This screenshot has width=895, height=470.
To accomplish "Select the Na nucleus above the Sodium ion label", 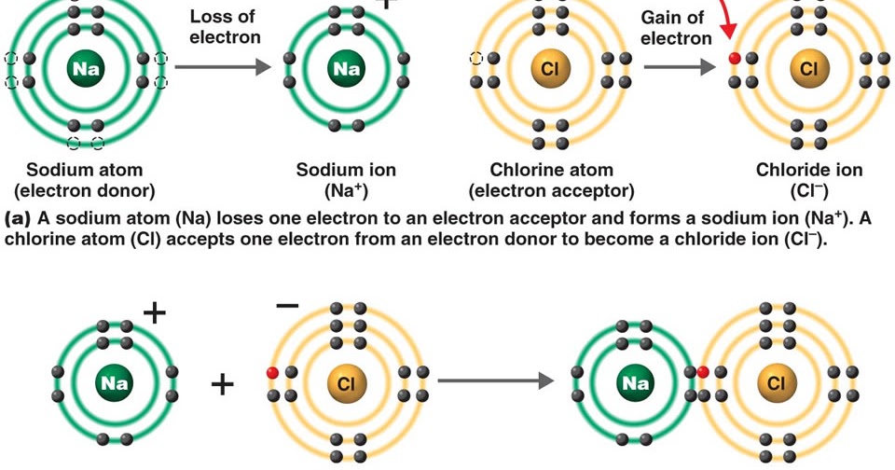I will point(346,68).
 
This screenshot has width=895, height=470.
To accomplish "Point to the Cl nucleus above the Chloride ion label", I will point(807,68).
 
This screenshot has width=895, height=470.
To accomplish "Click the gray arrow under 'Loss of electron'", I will point(223,67).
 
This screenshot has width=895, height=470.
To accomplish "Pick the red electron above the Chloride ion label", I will point(735,59).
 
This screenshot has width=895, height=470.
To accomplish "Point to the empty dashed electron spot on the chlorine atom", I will point(477,59).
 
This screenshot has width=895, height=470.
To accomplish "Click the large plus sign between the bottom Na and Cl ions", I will point(222,382).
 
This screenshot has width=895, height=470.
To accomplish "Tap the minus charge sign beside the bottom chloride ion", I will point(287,306).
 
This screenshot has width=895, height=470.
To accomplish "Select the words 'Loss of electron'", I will point(225,27).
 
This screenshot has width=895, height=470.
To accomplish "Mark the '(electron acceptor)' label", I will point(552,191).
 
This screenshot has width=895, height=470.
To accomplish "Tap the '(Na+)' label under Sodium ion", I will point(346,191).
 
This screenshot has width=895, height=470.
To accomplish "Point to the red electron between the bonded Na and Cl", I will point(703,372).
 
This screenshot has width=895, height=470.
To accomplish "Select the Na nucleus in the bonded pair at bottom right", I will point(636,382).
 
